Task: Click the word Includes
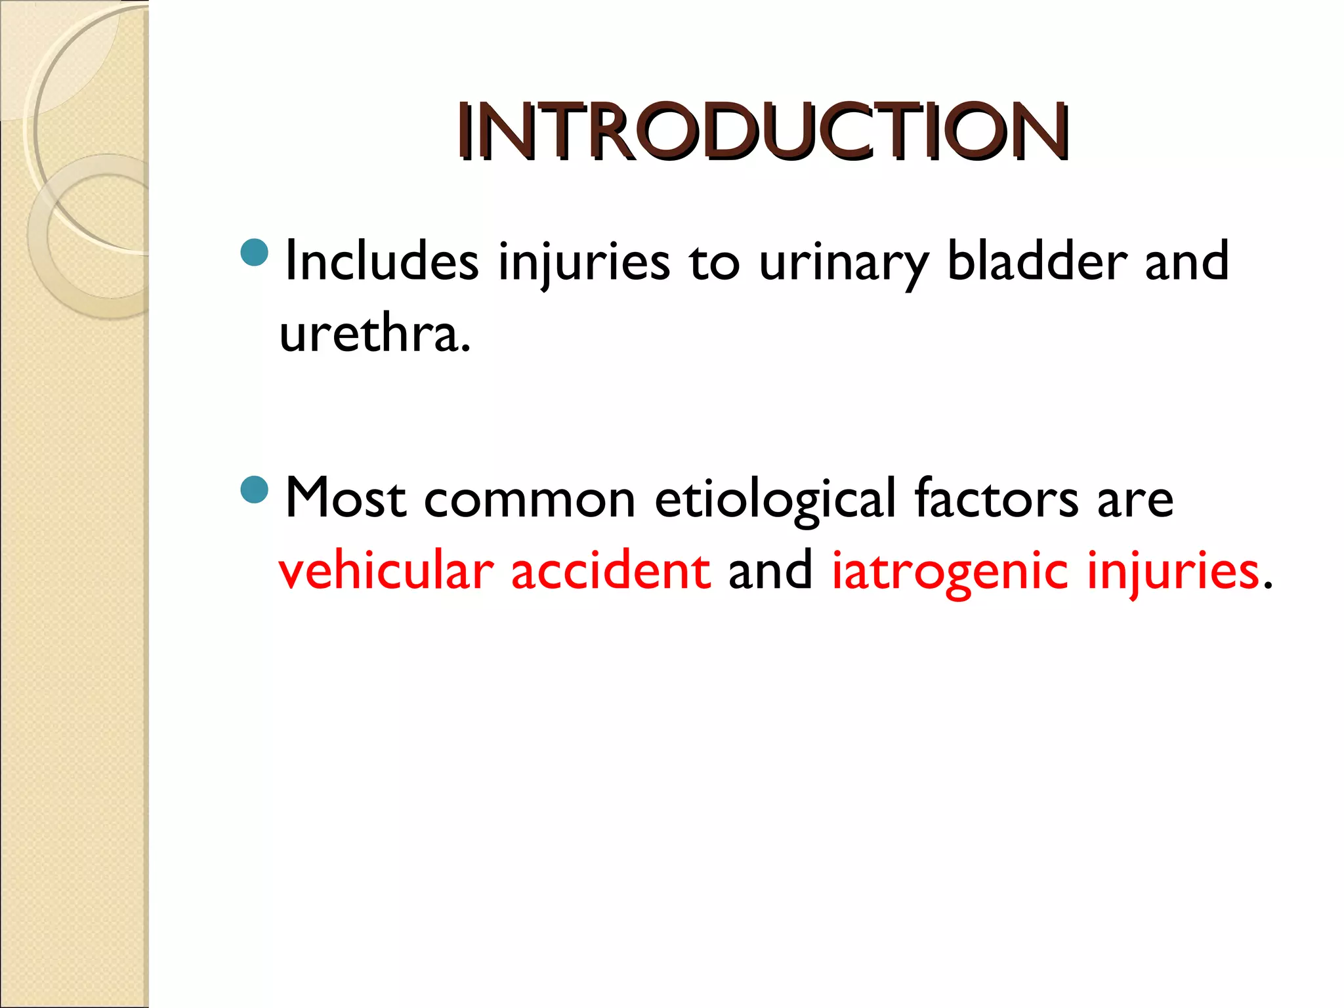click(381, 261)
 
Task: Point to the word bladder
click(1037, 261)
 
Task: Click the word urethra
click(374, 333)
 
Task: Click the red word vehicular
click(386, 570)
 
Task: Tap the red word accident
click(610, 570)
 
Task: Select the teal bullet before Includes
click(255, 253)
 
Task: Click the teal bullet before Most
click(255, 490)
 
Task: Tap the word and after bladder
click(1186, 261)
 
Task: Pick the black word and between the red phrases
click(770, 570)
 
